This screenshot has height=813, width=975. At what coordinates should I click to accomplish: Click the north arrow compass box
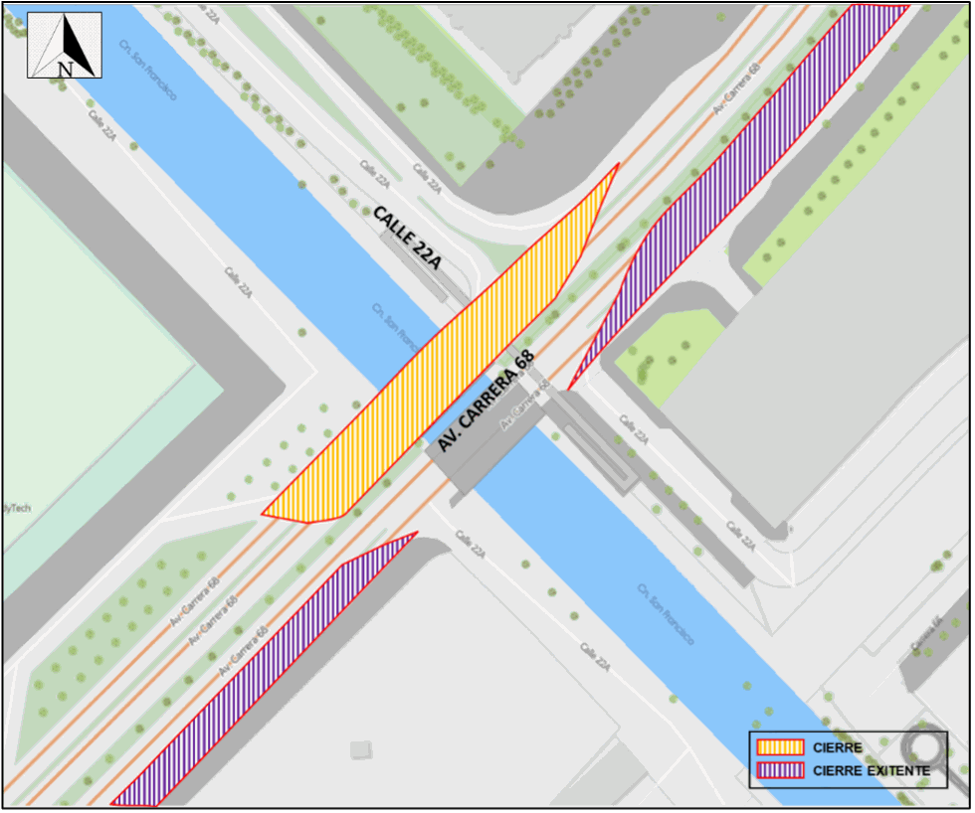64,45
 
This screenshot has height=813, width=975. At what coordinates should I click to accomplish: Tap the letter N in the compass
65,69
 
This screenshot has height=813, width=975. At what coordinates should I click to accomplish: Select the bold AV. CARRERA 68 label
487,400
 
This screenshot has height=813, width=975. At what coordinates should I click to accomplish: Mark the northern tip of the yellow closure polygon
618,165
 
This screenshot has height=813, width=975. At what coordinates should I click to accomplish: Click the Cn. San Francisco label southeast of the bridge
665,614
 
